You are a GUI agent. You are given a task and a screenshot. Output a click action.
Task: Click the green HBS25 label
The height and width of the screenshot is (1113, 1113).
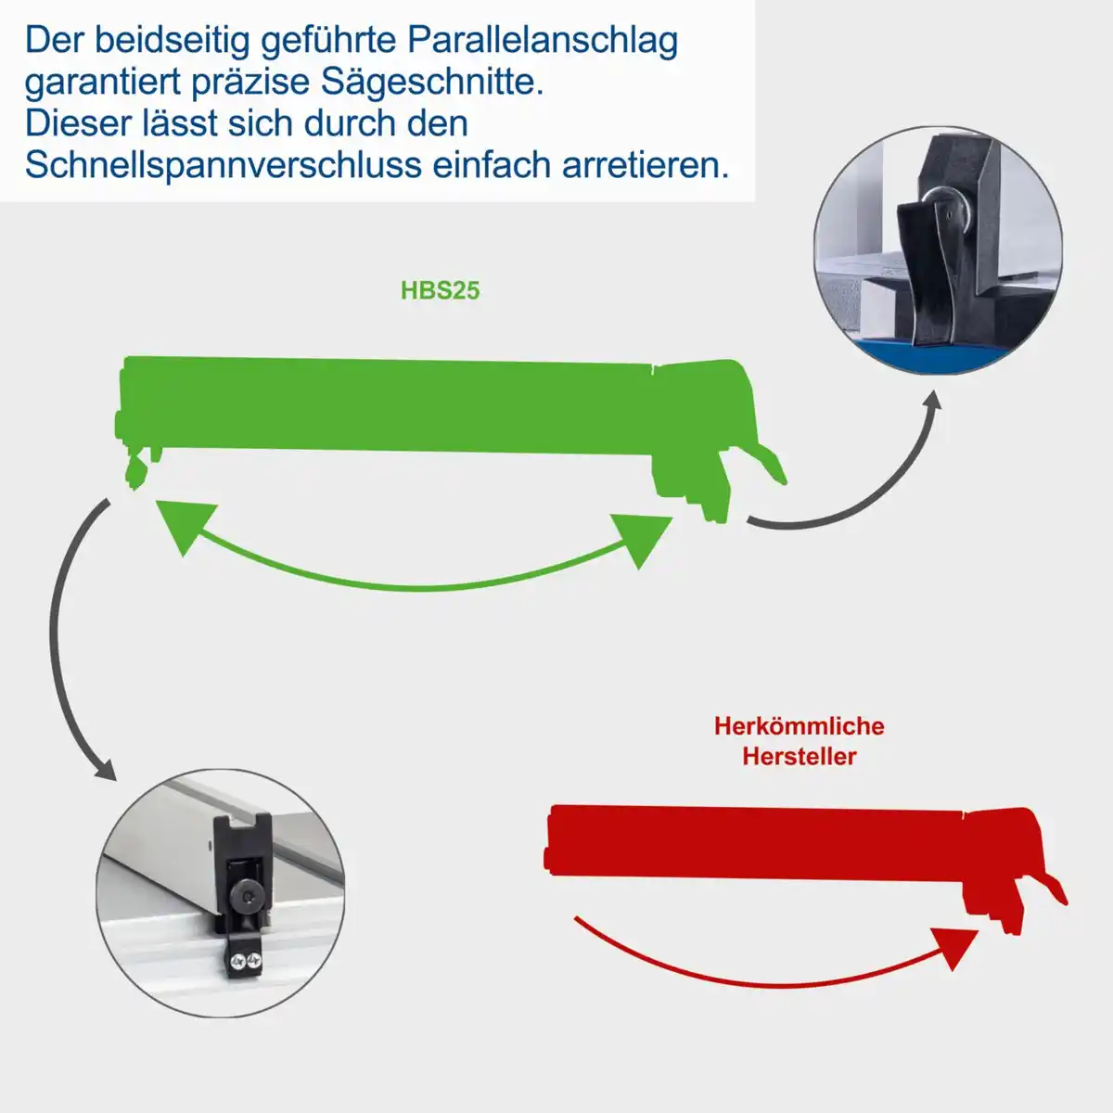440,290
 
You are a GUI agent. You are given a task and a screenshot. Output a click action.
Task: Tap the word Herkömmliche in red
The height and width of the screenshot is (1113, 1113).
799,725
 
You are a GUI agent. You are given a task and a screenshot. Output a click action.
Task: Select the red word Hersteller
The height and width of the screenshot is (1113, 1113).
799,756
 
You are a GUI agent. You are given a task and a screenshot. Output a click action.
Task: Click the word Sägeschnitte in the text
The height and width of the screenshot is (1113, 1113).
432,82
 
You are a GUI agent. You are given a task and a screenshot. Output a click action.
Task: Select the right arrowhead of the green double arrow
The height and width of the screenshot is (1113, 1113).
643,539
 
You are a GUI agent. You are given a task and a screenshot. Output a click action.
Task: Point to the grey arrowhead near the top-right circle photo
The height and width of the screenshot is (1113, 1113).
931,401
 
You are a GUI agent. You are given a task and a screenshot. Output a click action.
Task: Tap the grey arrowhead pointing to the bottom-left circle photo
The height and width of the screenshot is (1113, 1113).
104,769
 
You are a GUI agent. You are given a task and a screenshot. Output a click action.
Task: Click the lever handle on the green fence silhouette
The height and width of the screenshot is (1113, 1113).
766,463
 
